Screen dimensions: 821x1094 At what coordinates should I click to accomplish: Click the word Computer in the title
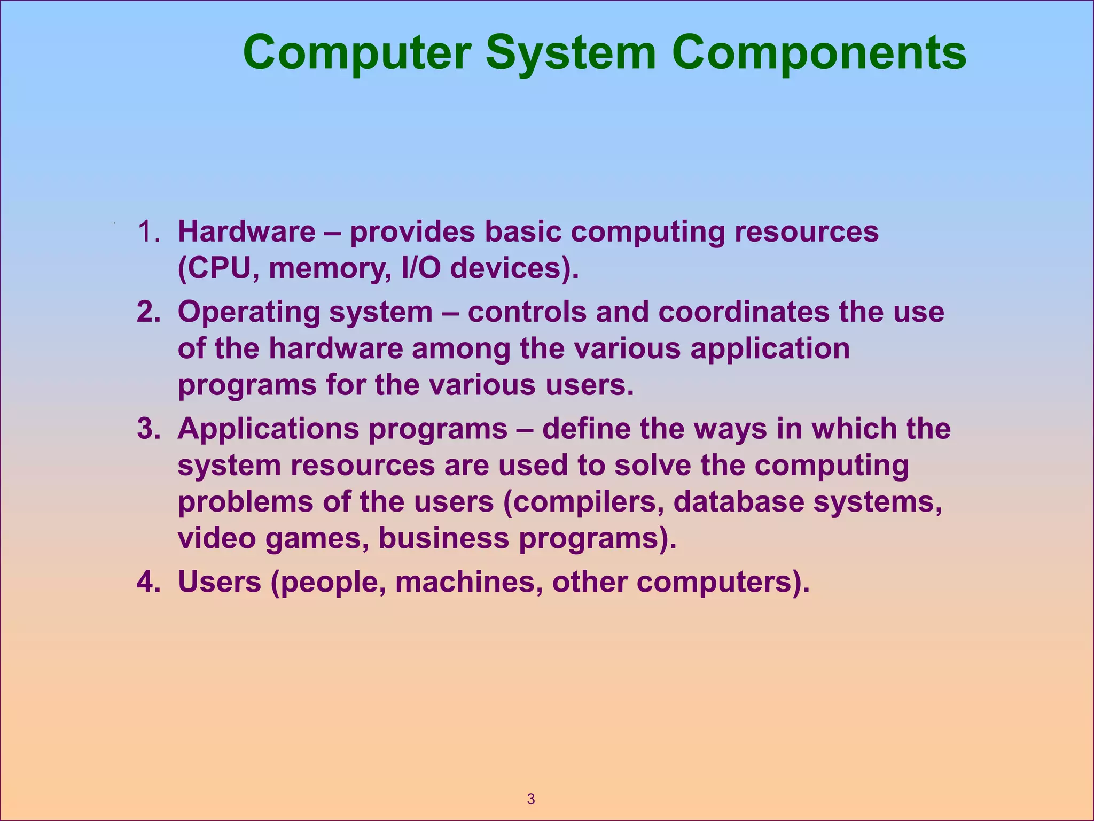pos(357,53)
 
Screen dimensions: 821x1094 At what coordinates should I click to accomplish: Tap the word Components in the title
pos(818,53)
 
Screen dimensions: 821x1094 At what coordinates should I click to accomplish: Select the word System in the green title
pos(571,53)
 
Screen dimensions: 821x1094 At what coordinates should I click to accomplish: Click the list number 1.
pos(148,232)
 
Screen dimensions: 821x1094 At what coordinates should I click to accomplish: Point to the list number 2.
pos(148,312)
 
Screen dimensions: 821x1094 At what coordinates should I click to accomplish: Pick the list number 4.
pos(148,582)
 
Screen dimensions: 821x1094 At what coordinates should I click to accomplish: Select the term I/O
pos(420,268)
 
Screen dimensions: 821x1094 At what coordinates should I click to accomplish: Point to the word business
pos(443,538)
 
